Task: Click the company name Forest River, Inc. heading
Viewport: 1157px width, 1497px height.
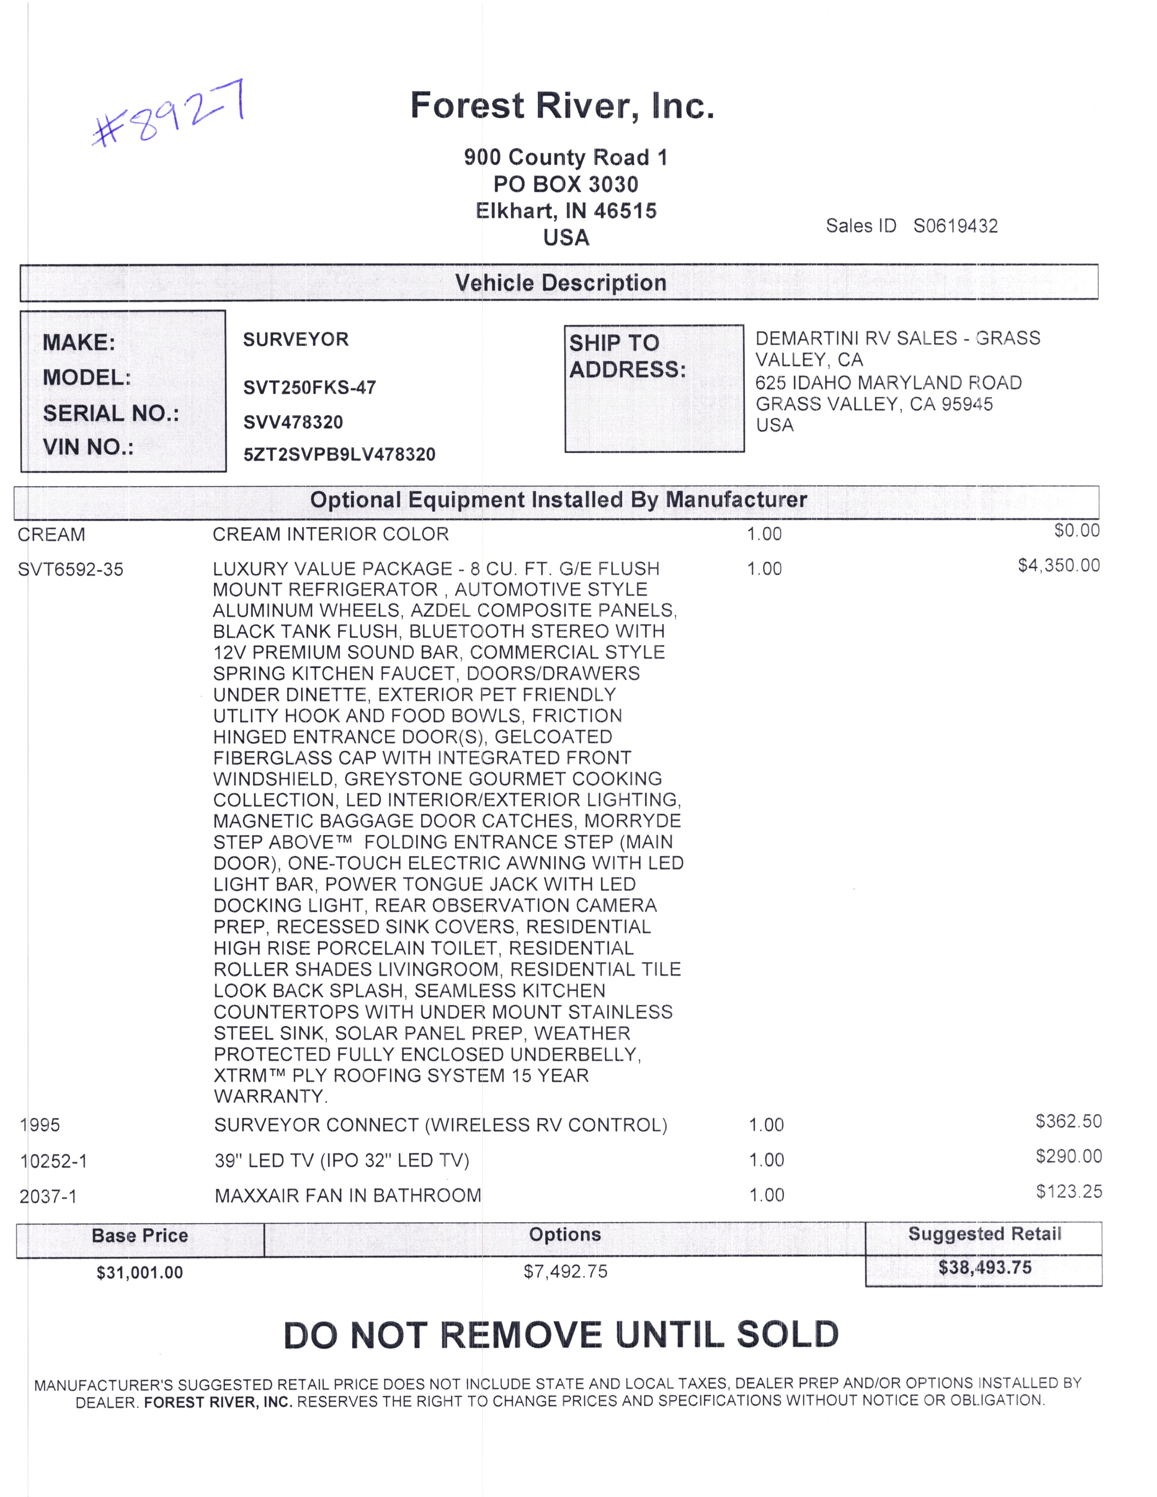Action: (562, 106)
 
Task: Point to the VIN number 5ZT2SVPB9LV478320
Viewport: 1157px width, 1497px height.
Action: (339, 455)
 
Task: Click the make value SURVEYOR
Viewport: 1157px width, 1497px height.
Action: (295, 339)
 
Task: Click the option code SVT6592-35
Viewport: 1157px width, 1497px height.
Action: (71, 570)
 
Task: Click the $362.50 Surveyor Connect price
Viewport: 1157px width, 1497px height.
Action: (1068, 1121)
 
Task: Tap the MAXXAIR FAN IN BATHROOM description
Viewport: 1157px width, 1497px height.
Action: (348, 1196)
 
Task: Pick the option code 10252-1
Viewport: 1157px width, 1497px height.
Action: (54, 1161)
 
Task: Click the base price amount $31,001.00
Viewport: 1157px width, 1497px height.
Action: (140, 1273)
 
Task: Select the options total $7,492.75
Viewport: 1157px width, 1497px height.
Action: (565, 1272)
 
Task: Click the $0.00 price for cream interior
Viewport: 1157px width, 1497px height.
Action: (1076, 531)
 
